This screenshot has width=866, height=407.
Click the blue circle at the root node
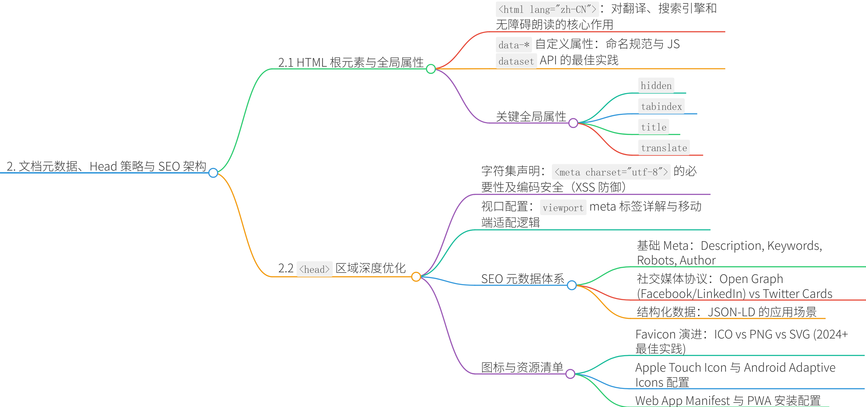213,173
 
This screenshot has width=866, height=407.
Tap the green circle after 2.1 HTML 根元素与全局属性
431,69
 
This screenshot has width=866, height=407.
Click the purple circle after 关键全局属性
573,123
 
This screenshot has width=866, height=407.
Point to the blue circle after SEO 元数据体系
571,285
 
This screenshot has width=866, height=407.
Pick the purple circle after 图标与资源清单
570,374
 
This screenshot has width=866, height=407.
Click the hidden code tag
656,86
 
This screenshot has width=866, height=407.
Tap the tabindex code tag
661,107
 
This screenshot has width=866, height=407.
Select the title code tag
653,127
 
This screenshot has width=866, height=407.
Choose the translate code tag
664,148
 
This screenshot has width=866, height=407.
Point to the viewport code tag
563,208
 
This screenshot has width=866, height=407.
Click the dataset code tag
516,61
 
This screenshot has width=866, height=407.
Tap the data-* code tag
514,45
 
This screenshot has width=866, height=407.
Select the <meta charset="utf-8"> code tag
611,172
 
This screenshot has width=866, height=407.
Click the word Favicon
655,335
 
